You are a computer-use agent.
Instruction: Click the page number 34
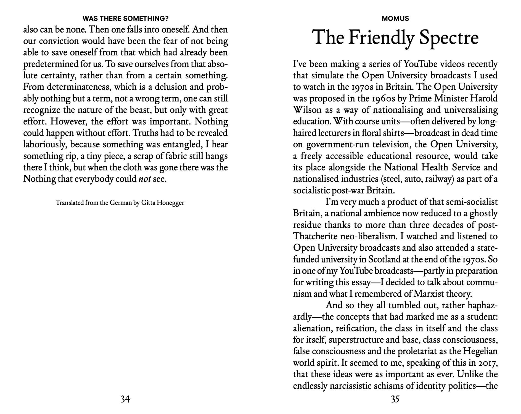tap(125, 399)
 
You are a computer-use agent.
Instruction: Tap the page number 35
tap(395, 399)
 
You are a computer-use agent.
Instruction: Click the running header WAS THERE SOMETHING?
tap(125, 19)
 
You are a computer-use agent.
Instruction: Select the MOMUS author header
tap(395, 19)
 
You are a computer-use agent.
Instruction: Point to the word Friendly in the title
tap(381, 38)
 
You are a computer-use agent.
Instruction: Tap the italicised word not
tap(144, 179)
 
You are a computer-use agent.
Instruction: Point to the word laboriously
tap(45, 145)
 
